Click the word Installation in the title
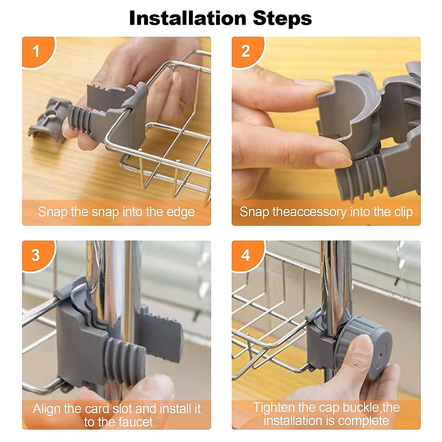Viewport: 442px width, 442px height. [x=187, y=18]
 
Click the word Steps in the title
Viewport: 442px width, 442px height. [x=283, y=20]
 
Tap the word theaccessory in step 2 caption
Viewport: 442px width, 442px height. [x=310, y=213]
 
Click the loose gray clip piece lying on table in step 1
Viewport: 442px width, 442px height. [x=48, y=120]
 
